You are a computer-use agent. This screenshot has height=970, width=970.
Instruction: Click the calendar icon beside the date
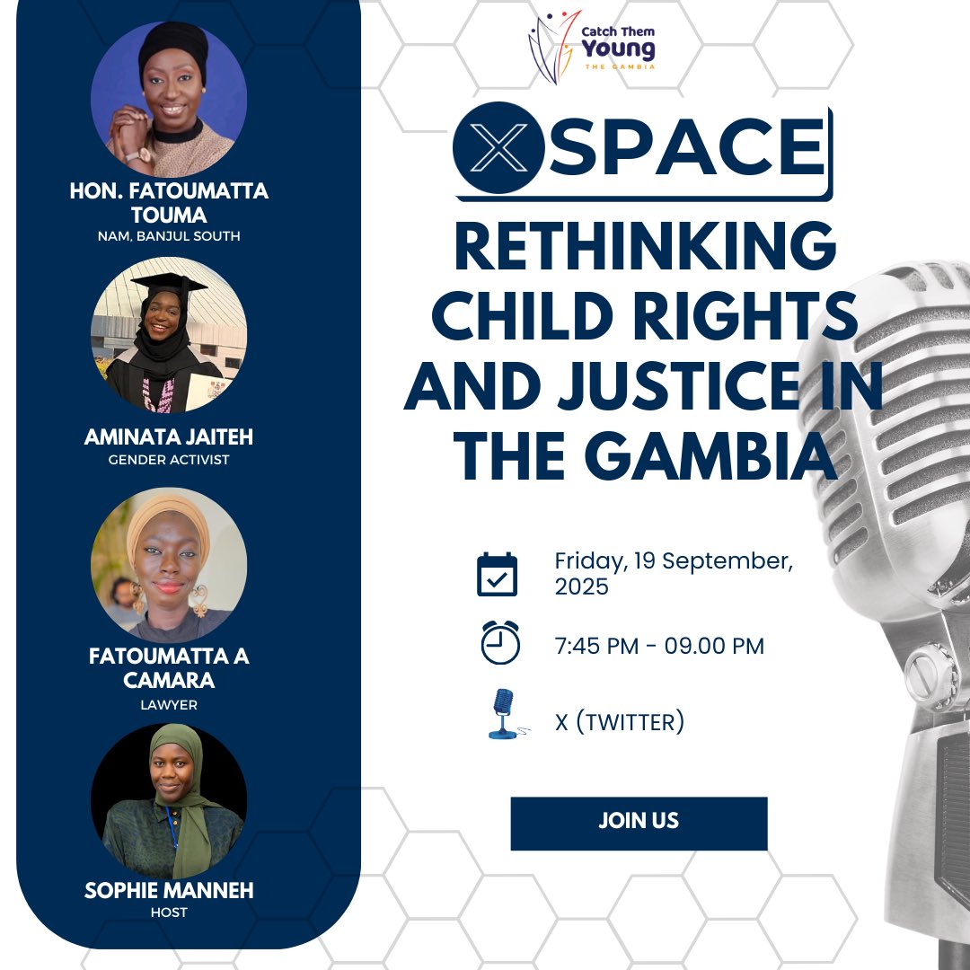tap(497, 574)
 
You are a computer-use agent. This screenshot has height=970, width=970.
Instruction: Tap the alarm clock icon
tap(500, 643)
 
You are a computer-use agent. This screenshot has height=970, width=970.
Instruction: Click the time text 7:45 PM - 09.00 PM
tap(659, 646)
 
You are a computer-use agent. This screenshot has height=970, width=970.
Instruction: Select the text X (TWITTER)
tap(620, 722)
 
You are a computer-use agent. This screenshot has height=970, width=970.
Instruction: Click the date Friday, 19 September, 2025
tap(674, 574)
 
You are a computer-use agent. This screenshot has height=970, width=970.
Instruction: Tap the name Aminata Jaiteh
tap(168, 437)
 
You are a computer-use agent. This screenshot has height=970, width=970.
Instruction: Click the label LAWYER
tap(169, 705)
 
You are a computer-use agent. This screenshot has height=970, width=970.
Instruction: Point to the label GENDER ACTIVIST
tap(169, 460)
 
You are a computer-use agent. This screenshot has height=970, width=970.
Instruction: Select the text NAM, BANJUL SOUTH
tap(169, 236)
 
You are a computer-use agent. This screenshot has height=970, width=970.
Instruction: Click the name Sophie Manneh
tap(169, 890)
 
